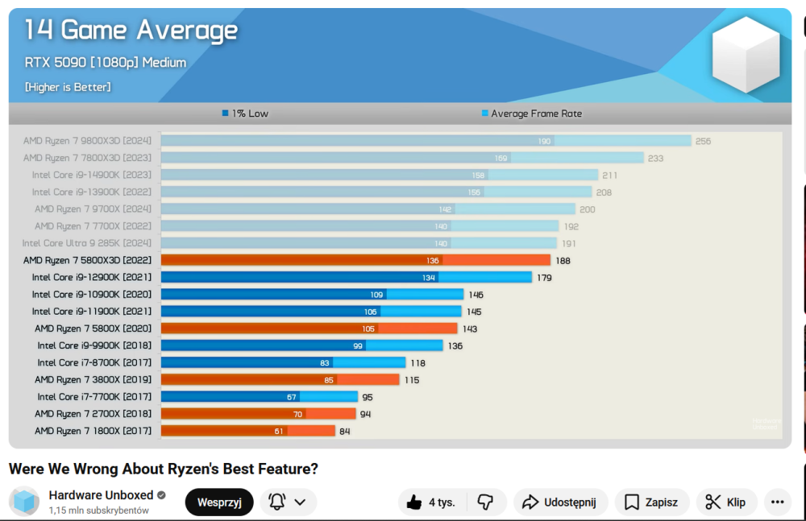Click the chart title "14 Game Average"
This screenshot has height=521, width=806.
tap(131, 31)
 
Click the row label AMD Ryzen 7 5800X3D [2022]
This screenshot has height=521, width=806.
tap(87, 260)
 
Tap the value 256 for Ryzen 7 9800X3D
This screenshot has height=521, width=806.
tap(703, 141)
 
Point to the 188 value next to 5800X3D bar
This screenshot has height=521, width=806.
tap(563, 260)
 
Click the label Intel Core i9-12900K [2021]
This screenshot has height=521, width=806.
tap(91, 277)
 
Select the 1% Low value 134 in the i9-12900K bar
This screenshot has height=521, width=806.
tap(429, 277)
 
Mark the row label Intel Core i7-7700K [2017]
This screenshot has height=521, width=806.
tap(94, 396)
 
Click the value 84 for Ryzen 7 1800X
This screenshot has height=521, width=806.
tap(344, 431)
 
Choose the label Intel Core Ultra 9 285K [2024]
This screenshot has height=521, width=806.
tap(86, 243)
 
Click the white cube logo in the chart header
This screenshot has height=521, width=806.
tap(746, 54)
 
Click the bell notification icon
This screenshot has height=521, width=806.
tap(277, 502)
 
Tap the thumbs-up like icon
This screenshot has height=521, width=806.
tap(414, 502)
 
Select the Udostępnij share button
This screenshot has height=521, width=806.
tap(559, 502)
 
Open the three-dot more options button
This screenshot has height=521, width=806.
tap(777, 502)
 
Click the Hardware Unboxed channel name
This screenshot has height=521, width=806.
tap(100, 495)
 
